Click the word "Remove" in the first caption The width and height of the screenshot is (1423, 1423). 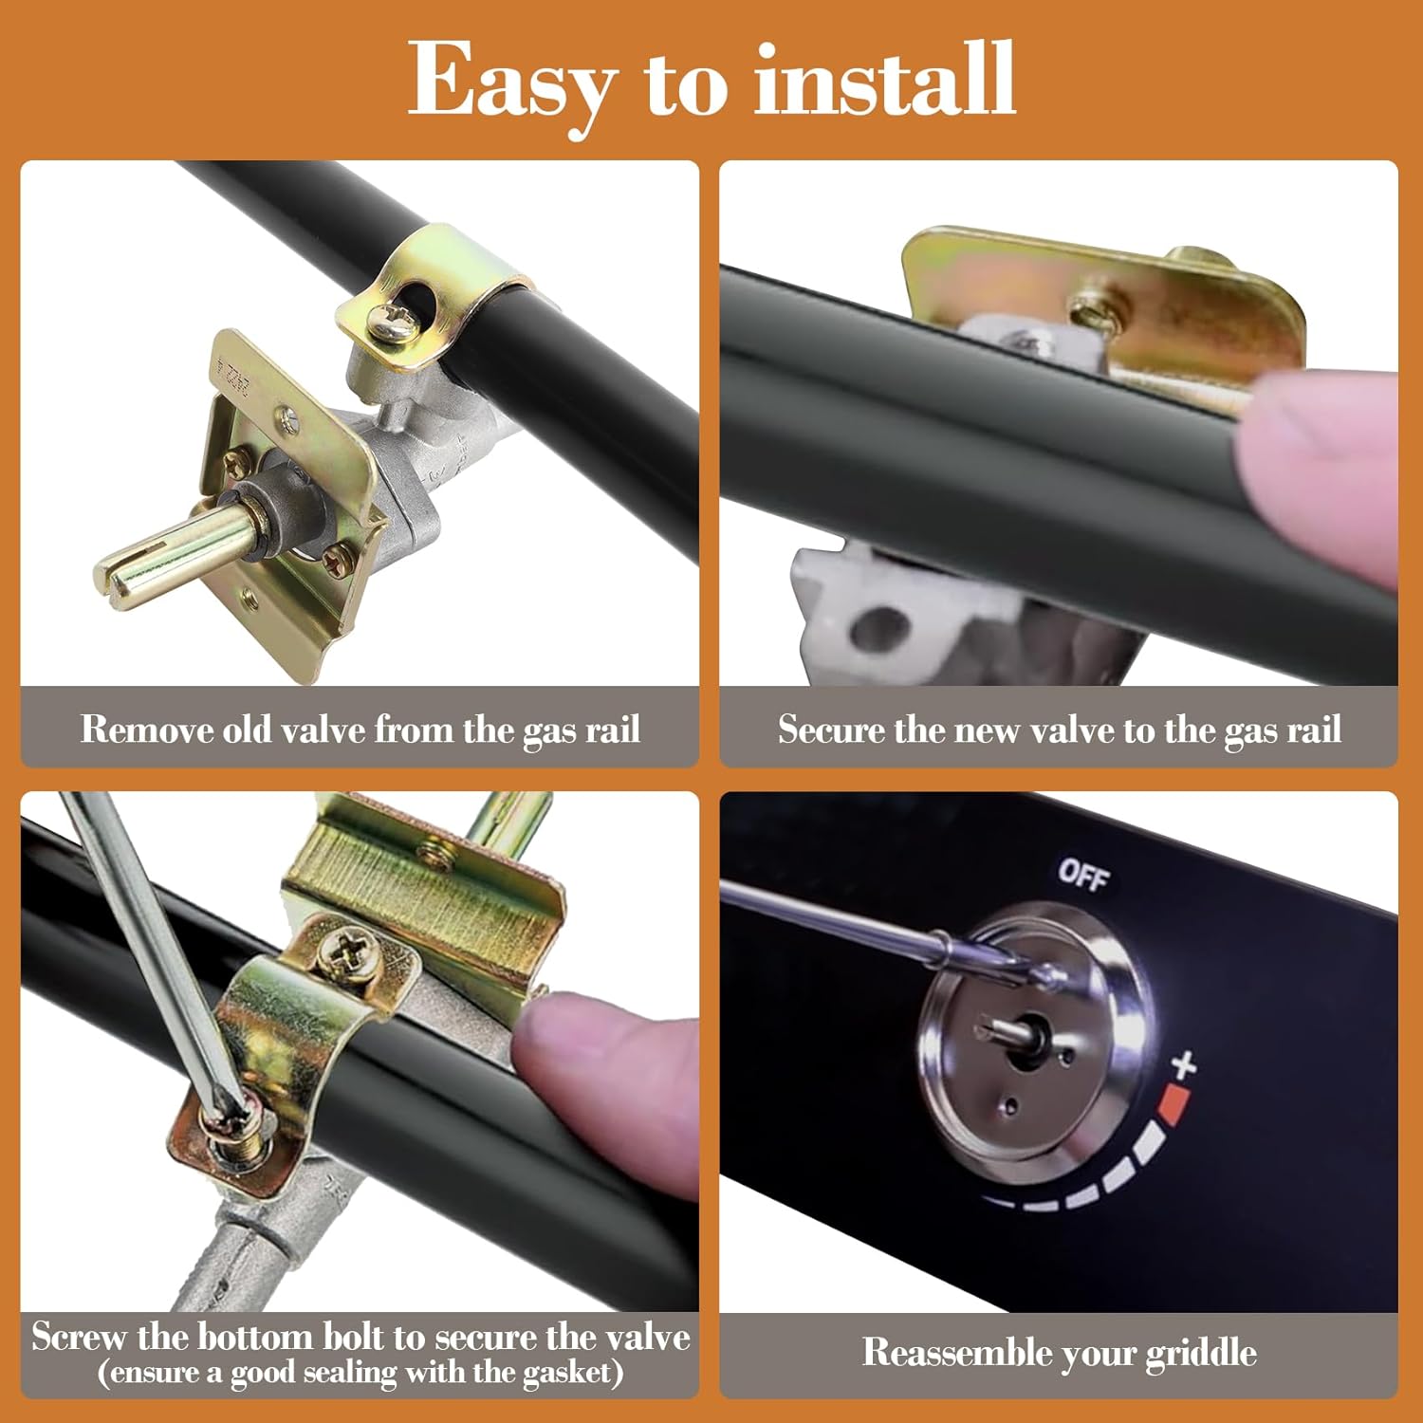147,729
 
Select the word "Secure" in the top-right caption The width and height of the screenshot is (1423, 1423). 830,729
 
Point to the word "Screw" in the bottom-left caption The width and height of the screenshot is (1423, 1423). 79,1337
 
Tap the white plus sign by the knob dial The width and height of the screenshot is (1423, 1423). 1183,1064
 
